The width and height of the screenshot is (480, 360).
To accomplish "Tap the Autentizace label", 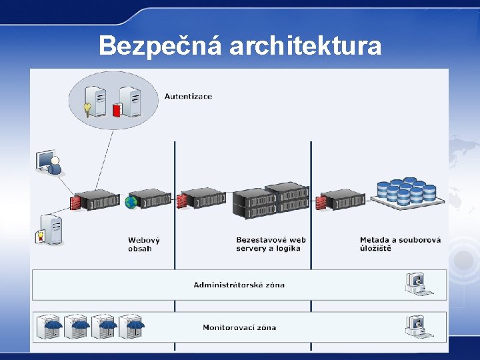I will (x=188, y=96).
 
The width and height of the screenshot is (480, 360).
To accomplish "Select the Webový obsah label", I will (x=144, y=244).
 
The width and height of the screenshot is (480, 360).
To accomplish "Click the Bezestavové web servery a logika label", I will (x=271, y=244).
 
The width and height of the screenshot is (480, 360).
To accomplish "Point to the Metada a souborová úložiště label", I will (x=400, y=244).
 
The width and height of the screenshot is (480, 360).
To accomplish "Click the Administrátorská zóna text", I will (x=239, y=285).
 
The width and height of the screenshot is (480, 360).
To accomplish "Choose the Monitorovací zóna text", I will (x=239, y=327).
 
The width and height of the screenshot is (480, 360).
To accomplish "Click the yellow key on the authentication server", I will (x=87, y=109).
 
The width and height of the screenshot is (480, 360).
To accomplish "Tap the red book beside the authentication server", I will (x=118, y=109).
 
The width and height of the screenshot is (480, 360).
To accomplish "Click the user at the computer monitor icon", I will (x=49, y=163).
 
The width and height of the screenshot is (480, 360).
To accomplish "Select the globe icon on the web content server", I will (x=131, y=201).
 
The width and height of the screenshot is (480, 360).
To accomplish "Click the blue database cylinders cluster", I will (x=406, y=191).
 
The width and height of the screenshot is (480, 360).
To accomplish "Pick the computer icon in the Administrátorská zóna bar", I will (x=418, y=284).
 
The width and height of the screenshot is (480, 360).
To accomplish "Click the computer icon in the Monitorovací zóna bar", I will (x=418, y=326).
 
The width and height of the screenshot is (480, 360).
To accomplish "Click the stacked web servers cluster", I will (x=271, y=200).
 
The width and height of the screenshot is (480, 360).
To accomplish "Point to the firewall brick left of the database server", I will (x=321, y=201).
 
